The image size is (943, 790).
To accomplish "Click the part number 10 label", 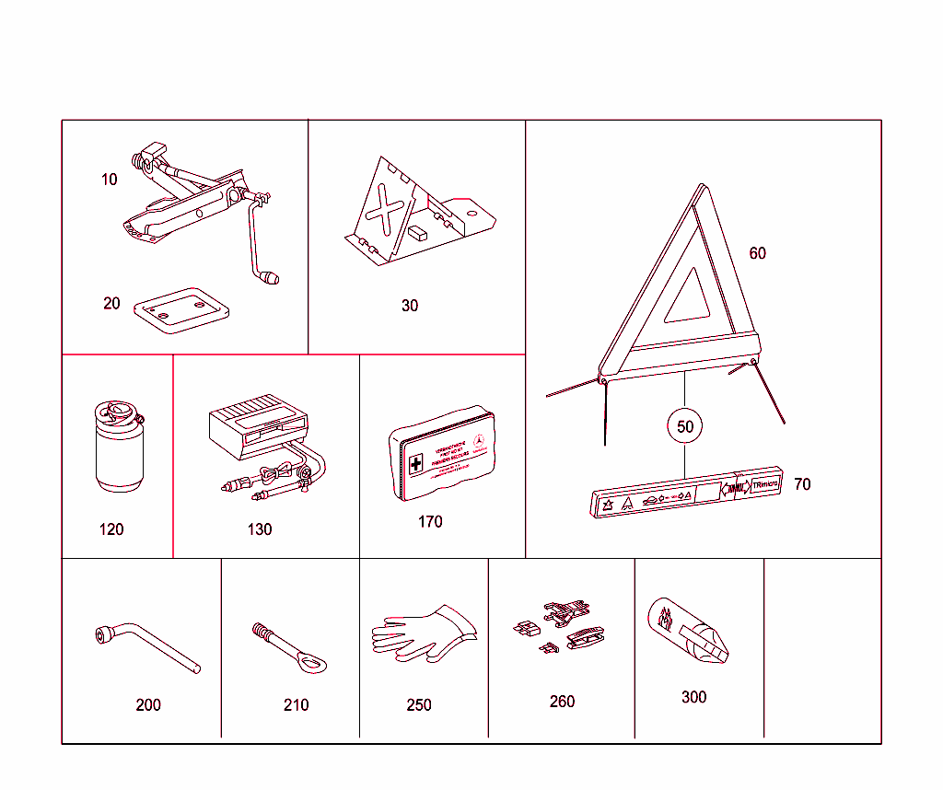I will (x=110, y=180).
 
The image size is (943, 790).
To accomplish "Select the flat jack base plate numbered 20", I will (x=181, y=308).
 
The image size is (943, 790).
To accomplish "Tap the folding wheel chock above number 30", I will (x=414, y=216).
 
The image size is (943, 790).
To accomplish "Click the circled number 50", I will (x=685, y=426).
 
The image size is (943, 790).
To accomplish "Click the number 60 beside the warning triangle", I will (x=757, y=253).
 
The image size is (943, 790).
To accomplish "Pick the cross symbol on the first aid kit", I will (x=416, y=463).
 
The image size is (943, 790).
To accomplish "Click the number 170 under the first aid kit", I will (x=430, y=522).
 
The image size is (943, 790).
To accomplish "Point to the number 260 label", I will (x=562, y=702).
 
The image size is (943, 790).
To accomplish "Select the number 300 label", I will (x=693, y=697).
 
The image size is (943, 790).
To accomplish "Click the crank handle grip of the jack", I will (x=271, y=277).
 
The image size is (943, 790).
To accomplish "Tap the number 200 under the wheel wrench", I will (x=148, y=705).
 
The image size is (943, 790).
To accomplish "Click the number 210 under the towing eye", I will (x=296, y=705).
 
